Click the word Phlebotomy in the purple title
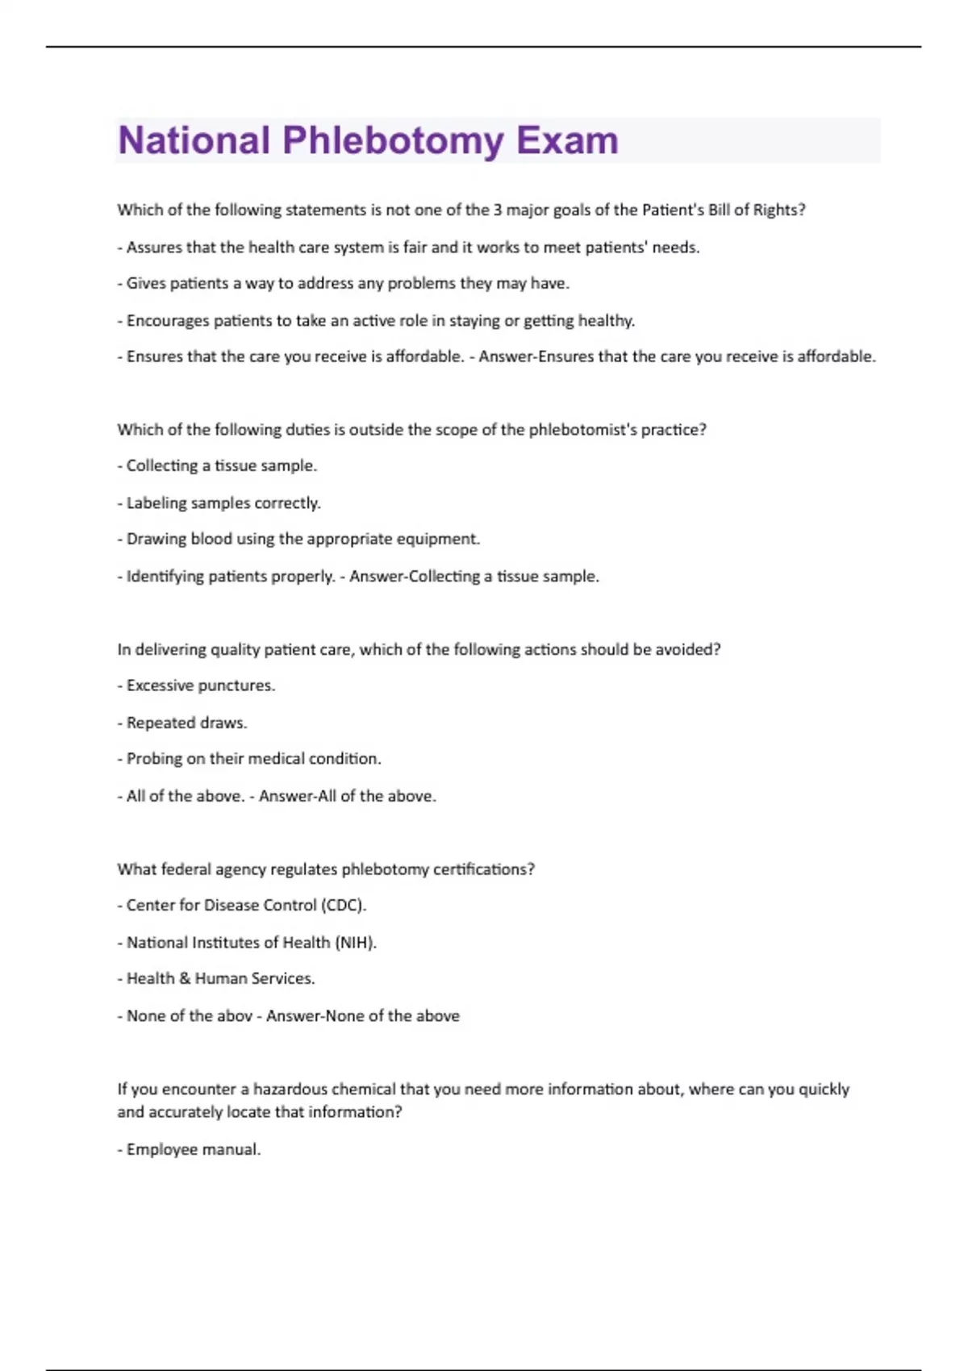pyautogui.click(x=393, y=141)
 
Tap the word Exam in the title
pyautogui.click(x=567, y=140)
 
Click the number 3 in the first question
pyautogui.click(x=498, y=210)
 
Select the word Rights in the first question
pyautogui.click(x=779, y=210)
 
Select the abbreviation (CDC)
pyautogui.click(x=344, y=906)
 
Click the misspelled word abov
pyautogui.click(x=235, y=1016)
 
